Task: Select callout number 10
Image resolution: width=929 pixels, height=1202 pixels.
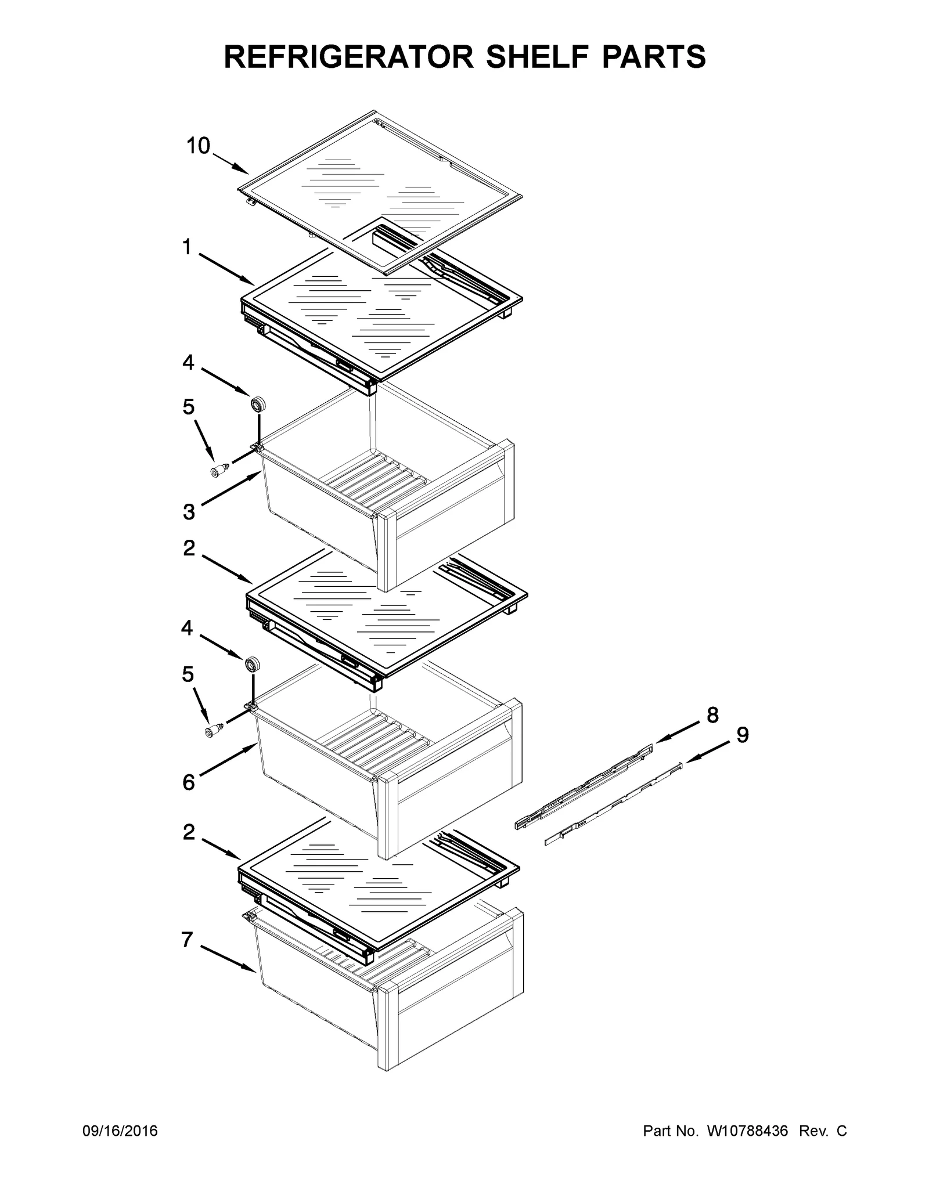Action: pyautogui.click(x=198, y=146)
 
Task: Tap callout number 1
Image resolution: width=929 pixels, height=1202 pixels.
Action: pyautogui.click(x=186, y=248)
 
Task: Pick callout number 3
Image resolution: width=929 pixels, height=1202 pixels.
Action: pyautogui.click(x=189, y=512)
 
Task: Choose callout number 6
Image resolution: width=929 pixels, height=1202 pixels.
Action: pyautogui.click(x=189, y=782)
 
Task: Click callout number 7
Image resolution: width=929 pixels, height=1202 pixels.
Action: pyautogui.click(x=187, y=940)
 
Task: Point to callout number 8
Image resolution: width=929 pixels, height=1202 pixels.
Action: pyautogui.click(x=712, y=715)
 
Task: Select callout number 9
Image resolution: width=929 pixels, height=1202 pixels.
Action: pyautogui.click(x=743, y=735)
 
